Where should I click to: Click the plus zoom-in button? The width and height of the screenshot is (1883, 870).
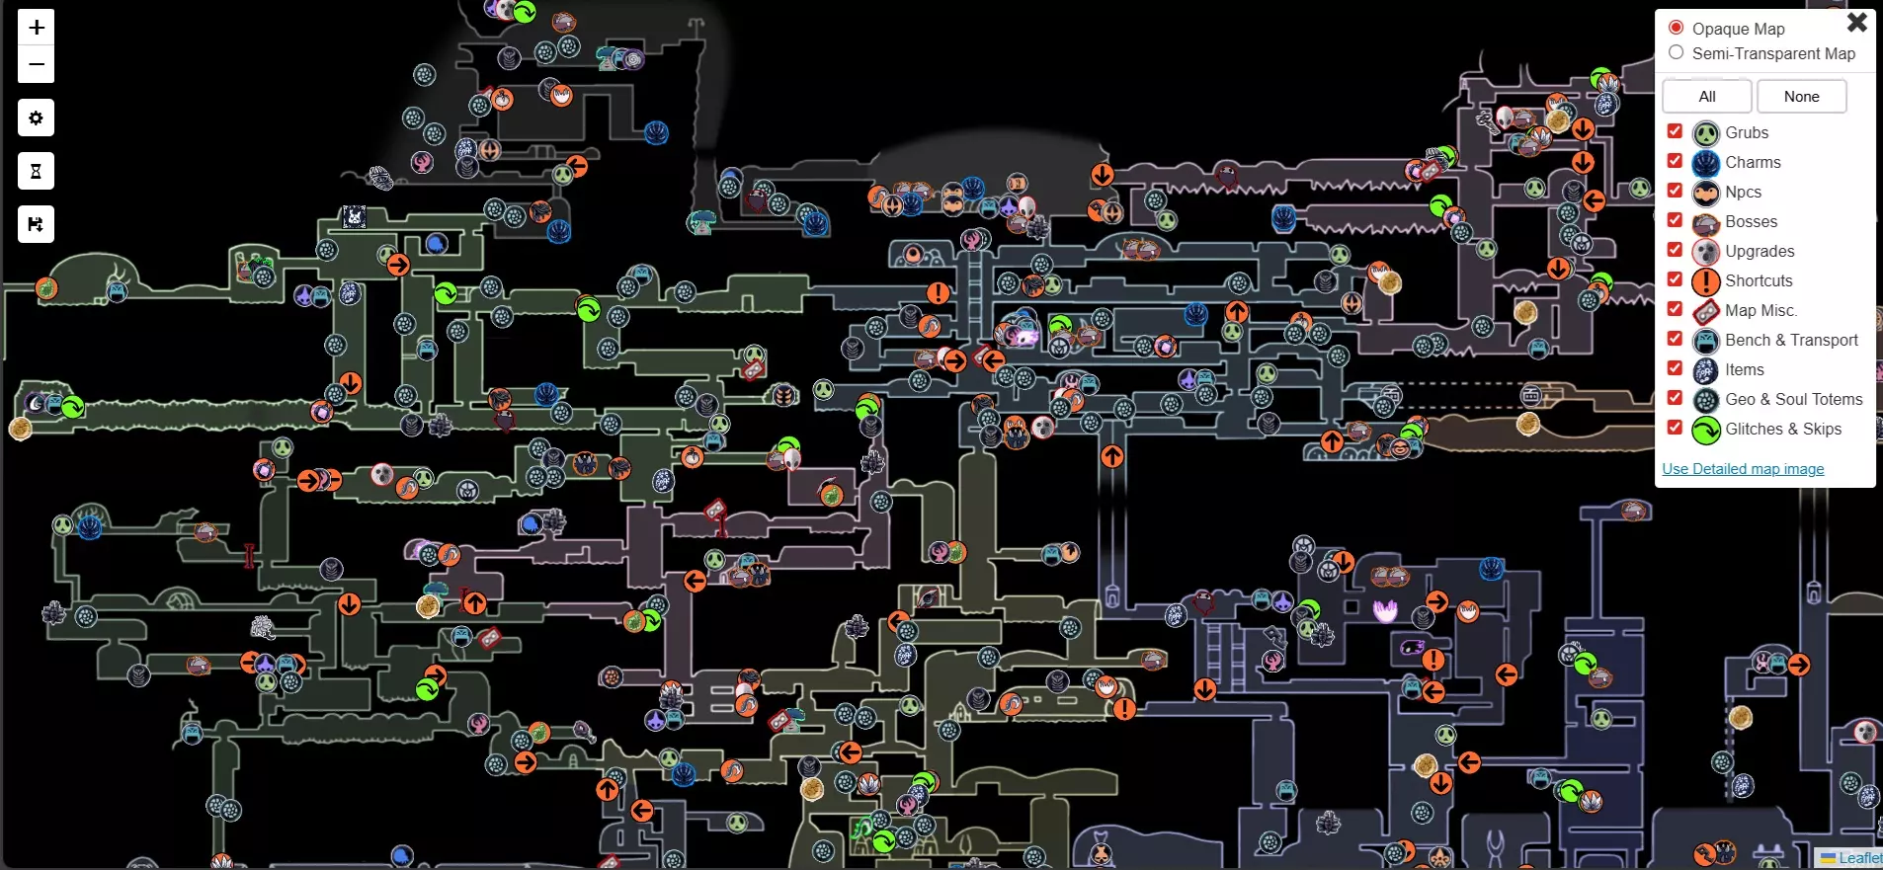[x=37, y=28]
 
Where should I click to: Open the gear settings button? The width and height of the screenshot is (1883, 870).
[x=37, y=119]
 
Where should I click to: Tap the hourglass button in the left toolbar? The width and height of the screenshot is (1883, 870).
[x=37, y=172]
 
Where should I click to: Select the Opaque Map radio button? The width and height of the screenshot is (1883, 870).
[x=1677, y=28]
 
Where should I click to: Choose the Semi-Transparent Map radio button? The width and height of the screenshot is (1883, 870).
[x=1677, y=52]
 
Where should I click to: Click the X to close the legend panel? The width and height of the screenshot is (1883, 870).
[x=1857, y=22]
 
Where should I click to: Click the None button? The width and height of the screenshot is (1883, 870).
[x=1801, y=97]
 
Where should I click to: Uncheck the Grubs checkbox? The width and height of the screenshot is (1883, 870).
[x=1675, y=131]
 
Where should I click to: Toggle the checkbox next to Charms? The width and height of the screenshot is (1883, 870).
[x=1675, y=161]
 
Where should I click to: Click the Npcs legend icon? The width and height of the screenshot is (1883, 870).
[x=1706, y=193]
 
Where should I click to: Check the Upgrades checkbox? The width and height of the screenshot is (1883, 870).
[x=1675, y=250]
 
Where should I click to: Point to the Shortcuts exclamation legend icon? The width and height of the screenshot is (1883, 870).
[x=1706, y=281]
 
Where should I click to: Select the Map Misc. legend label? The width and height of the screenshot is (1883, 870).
[x=1760, y=310]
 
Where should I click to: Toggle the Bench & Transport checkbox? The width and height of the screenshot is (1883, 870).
[x=1675, y=339]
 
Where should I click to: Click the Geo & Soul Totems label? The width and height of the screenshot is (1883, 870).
[x=1793, y=399]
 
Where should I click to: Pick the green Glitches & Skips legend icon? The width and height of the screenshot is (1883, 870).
[x=1706, y=430]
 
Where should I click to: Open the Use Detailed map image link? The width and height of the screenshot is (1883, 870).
[x=1743, y=469]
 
